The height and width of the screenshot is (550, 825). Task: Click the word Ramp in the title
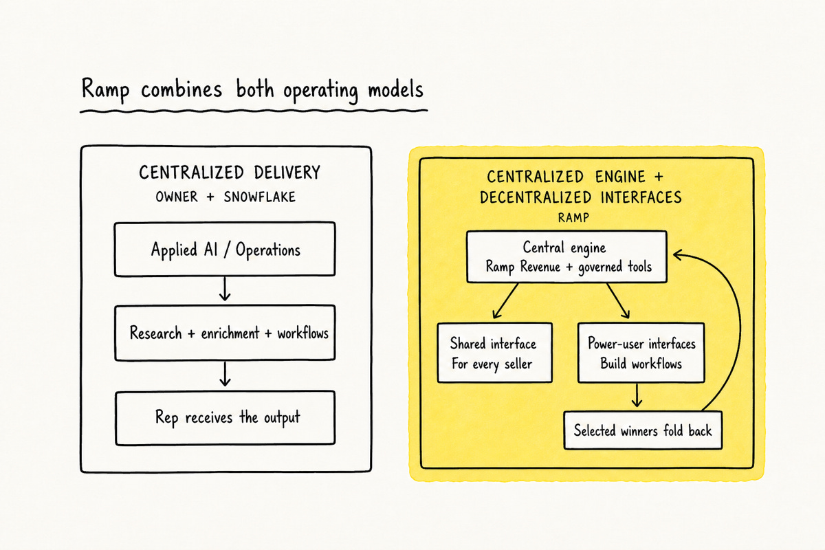click(x=105, y=90)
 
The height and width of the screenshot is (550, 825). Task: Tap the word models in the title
click(x=395, y=89)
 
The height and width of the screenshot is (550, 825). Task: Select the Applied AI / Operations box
click(x=225, y=249)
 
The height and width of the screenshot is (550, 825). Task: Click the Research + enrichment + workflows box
click(x=225, y=333)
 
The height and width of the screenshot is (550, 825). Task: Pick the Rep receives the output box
click(x=225, y=418)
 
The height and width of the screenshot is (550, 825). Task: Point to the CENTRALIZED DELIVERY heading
click(x=230, y=173)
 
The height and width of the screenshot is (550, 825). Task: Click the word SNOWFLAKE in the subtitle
click(x=259, y=197)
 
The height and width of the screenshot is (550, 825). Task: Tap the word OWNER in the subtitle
click(x=177, y=197)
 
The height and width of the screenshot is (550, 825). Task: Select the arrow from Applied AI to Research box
click(x=225, y=289)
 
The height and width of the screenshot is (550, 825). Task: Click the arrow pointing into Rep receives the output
click(x=225, y=373)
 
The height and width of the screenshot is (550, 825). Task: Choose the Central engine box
click(x=566, y=256)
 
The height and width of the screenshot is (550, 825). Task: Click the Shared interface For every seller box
click(x=494, y=353)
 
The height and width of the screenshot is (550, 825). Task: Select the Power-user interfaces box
click(x=641, y=353)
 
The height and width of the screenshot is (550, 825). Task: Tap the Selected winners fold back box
click(x=643, y=430)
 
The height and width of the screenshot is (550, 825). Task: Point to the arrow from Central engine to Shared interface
click(x=505, y=301)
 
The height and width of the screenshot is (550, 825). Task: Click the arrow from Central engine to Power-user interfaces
click(x=618, y=301)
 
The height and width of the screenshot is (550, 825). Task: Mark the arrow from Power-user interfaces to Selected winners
click(x=637, y=395)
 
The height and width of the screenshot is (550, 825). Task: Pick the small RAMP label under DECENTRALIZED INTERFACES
click(x=573, y=218)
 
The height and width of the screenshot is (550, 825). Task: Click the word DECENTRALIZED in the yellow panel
click(x=537, y=197)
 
